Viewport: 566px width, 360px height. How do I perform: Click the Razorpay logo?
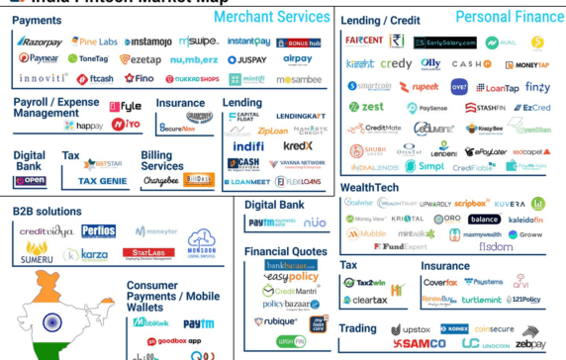tap(40, 42)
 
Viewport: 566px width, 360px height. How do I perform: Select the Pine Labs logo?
tap(95, 42)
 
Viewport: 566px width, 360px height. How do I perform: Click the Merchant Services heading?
tap(271, 17)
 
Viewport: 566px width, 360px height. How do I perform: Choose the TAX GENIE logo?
tap(102, 181)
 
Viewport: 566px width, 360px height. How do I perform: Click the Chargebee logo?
tap(160, 181)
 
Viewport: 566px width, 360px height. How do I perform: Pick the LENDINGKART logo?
tap(301, 116)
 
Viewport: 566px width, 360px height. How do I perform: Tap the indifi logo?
tap(247, 146)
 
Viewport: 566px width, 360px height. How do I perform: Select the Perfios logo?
tap(98, 231)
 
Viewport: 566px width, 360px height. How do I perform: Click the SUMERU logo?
tap(38, 254)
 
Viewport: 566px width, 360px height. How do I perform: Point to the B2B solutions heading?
tap(47, 211)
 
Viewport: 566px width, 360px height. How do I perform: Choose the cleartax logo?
tap(364, 300)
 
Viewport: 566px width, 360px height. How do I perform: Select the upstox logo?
tap(411, 329)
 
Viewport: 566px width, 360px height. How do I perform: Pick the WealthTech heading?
tap(370, 187)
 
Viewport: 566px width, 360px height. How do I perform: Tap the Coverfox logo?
tap(440, 282)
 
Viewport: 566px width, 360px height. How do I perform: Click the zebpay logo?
tap(530, 344)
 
